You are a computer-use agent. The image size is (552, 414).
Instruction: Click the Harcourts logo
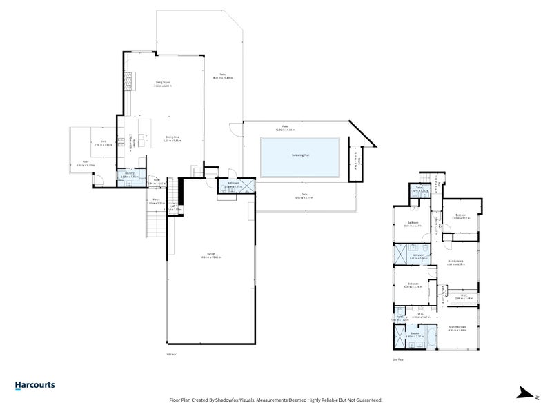(x=34, y=386)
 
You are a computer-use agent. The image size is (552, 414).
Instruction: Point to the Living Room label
(x=163, y=82)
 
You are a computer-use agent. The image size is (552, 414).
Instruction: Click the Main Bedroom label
(x=457, y=327)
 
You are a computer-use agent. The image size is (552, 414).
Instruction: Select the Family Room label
(x=456, y=262)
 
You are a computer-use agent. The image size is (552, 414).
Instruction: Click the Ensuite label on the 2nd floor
(x=415, y=333)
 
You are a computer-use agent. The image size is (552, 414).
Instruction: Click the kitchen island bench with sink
(x=144, y=138)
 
